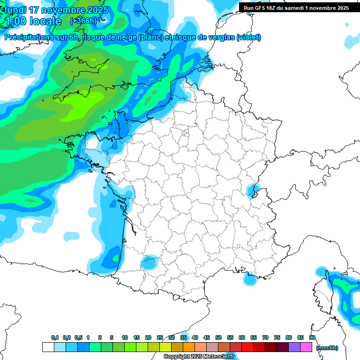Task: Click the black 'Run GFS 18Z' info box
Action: click(296, 8)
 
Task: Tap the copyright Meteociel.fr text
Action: click(199, 357)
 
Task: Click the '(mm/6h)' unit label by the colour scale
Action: click(327, 348)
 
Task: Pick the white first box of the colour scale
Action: click(48, 347)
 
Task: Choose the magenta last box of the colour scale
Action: click(306, 347)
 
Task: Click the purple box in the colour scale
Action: click(294, 347)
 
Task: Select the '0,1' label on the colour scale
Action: click(55, 338)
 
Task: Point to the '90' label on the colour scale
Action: click(312, 338)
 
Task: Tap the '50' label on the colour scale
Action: click(218, 338)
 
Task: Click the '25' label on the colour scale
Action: click(160, 338)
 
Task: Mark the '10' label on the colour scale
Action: click(125, 338)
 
